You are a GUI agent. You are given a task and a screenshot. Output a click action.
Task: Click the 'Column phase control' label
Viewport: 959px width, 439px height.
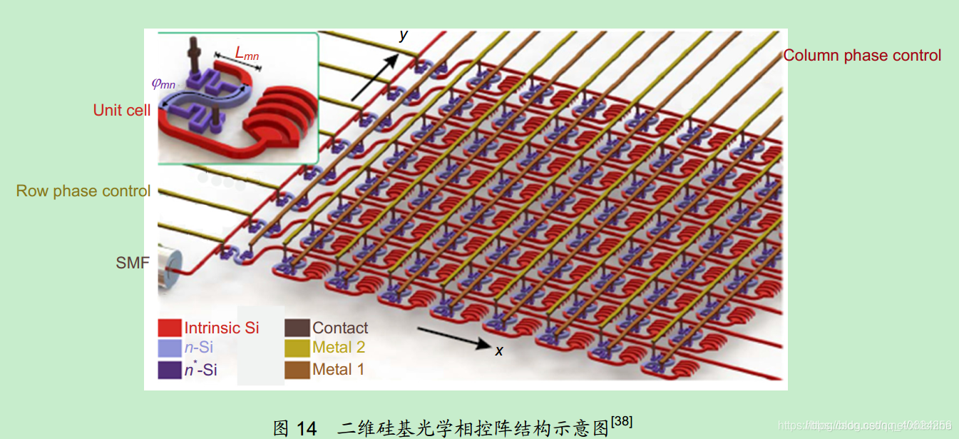click(862, 56)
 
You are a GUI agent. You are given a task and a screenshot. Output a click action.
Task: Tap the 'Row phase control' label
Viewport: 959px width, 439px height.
click(83, 191)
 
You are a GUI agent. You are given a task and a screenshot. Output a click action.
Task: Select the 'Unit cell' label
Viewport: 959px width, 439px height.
click(122, 111)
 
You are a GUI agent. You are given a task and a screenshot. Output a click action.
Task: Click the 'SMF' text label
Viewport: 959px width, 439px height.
click(133, 263)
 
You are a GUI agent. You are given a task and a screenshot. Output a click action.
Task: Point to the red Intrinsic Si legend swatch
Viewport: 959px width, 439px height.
click(170, 328)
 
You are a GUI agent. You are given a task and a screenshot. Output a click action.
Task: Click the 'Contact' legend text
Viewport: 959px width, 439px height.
click(340, 328)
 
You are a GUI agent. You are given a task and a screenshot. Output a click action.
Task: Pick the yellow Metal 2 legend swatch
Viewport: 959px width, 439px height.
click(297, 348)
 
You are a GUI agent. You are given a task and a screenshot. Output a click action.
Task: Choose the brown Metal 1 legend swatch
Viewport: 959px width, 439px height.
click(297, 370)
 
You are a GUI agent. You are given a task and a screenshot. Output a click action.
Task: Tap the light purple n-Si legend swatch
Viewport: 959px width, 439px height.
click(170, 348)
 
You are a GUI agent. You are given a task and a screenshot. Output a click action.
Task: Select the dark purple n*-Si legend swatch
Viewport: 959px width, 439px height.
click(170, 370)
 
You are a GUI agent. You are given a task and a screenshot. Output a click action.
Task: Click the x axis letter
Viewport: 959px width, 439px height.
click(499, 350)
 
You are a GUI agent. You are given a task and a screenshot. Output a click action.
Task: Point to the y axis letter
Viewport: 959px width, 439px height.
click(404, 34)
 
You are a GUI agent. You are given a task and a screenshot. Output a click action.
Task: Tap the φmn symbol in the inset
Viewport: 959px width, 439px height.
click(163, 84)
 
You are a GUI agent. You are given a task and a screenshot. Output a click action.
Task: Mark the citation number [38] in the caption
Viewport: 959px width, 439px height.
click(622, 422)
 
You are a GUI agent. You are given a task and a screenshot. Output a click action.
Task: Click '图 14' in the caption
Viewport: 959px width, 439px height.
click(294, 428)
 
